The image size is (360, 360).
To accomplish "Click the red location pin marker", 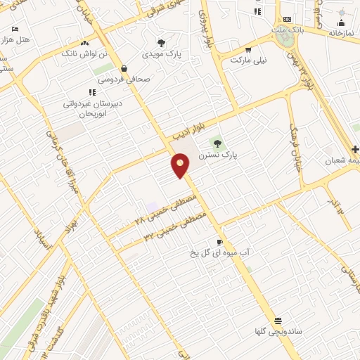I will (x=181, y=165).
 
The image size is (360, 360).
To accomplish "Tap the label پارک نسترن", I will (x=218, y=154).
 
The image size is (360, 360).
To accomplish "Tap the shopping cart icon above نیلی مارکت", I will (x=249, y=49).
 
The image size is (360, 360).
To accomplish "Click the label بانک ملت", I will (x=288, y=31).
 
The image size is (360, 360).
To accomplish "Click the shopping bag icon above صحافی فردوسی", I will (x=124, y=68).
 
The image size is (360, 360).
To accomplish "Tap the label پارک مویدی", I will (x=162, y=53).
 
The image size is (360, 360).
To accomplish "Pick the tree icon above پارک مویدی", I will (x=161, y=42).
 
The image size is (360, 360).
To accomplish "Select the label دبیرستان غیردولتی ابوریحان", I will (x=91, y=108).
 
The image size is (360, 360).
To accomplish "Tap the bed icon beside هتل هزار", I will (x=15, y=30).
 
